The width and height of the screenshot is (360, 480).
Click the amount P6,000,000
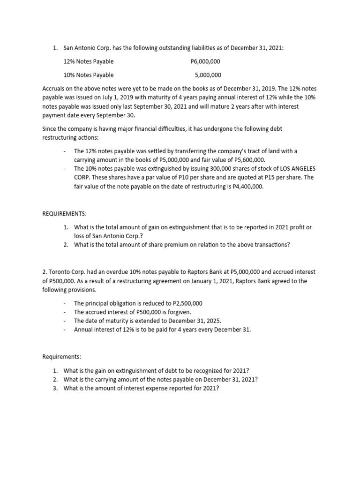205,61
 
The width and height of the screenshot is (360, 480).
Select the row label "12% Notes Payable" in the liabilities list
88,61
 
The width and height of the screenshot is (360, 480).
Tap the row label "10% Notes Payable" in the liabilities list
88,75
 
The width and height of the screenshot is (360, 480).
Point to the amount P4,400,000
247,186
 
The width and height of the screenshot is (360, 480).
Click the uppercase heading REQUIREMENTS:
65,213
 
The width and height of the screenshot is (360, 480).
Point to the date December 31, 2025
196,321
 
